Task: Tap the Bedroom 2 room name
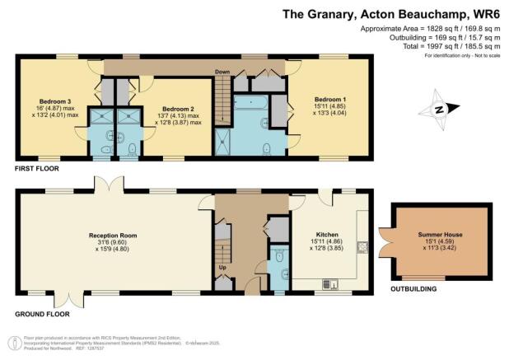coord(177,109)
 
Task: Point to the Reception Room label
coord(113,235)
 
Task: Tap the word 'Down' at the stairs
coord(222,72)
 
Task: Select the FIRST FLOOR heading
coord(39,168)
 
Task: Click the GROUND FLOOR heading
coord(43,315)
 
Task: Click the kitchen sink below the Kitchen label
coord(329,285)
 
